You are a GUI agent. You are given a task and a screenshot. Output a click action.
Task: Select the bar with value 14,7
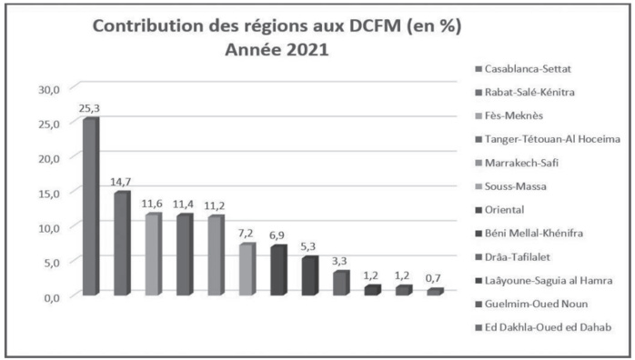click(x=121, y=244)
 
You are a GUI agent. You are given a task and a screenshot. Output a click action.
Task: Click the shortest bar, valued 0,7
click(x=436, y=292)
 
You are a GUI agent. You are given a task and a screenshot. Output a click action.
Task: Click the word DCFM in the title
click(x=392, y=27)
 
